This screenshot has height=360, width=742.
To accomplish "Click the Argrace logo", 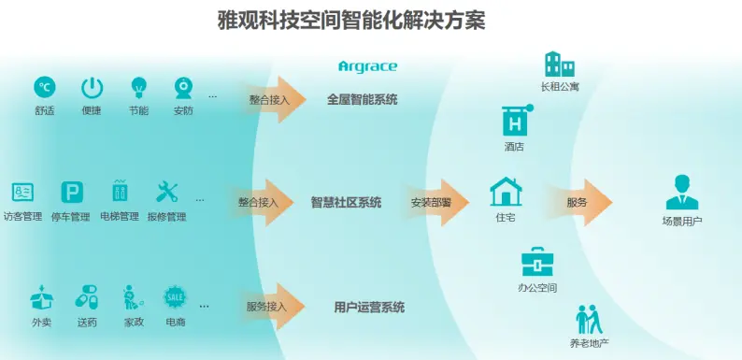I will coord(367,66).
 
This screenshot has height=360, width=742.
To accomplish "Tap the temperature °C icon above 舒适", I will coord(44,88).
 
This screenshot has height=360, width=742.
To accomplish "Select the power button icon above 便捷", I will coord(92,88).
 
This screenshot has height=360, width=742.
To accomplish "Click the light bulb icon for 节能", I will coord(138,88).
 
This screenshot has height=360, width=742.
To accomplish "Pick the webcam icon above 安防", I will coord(183,88).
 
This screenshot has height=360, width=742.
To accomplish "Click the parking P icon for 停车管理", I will coord(71,193).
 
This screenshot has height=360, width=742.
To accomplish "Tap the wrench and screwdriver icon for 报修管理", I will coord(166,193).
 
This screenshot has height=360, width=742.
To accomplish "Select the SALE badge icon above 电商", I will coord(175,297).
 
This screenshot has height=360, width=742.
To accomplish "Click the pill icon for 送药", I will coord(87,298).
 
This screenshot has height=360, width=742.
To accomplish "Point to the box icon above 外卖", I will coord(42,298).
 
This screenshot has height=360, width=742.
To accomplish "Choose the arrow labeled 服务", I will coord(584,202).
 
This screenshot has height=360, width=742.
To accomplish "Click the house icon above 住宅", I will coord(506,192).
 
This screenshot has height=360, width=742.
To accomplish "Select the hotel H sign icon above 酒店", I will coord(514,120).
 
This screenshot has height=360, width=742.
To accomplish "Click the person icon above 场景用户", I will coord(681,192).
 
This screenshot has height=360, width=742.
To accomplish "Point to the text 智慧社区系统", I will coord(346,203).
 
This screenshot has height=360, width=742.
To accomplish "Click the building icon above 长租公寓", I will coord(559,65).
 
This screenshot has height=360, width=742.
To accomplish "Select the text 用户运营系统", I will coord(369,307).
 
